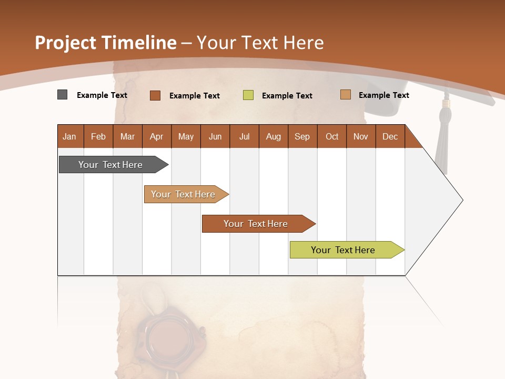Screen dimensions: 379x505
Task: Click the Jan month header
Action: coord(70,136)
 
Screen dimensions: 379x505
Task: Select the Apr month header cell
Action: coord(157,136)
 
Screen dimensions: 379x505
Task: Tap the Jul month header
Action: coord(244,136)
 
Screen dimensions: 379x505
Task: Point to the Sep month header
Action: coord(302,136)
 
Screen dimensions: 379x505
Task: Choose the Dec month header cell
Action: coord(390,136)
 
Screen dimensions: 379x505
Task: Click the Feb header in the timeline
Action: coord(98,136)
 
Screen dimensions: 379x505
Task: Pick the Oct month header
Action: coord(332,136)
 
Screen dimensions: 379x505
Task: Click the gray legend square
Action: coord(62,95)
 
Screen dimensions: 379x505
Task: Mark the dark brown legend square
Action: coord(155,95)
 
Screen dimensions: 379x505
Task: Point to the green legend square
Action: coord(248,95)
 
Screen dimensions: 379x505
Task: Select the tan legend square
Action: coord(345,95)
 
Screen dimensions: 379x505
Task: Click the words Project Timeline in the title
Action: coord(106,43)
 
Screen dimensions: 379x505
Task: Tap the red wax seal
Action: coord(165,335)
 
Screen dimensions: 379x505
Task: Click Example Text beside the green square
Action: coord(287,96)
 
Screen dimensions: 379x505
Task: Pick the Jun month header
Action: coord(215,136)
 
